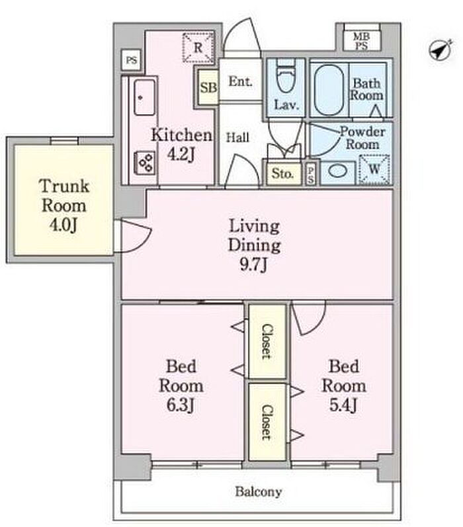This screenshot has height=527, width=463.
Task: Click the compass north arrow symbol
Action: coord(441,50)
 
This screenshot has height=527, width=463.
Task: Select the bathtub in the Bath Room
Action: coord(329,90)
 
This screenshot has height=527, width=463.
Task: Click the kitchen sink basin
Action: coord(145,97)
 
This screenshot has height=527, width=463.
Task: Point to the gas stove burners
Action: coord(146,163)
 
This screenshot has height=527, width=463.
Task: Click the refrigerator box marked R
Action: coord(198,48)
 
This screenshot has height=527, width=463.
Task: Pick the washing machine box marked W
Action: coord(374,169)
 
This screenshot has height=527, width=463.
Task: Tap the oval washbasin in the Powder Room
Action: coord(337,171)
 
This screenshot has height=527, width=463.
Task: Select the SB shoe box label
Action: coord(208,88)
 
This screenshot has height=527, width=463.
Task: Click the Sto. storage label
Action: coord(282,173)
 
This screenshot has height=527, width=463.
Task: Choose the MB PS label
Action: coord(361,41)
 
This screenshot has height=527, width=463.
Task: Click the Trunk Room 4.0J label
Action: coord(64,206)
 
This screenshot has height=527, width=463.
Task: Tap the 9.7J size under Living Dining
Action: coord(253,264)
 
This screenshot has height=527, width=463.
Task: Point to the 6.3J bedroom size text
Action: coord(180,405)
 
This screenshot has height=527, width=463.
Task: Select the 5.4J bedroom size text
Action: coord(343,405)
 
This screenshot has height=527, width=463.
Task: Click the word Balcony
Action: coord(258,492)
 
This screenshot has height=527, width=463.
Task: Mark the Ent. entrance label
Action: coord(240,81)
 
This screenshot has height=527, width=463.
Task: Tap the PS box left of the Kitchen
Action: coord(131,60)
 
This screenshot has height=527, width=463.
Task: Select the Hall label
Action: coord(237,137)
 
